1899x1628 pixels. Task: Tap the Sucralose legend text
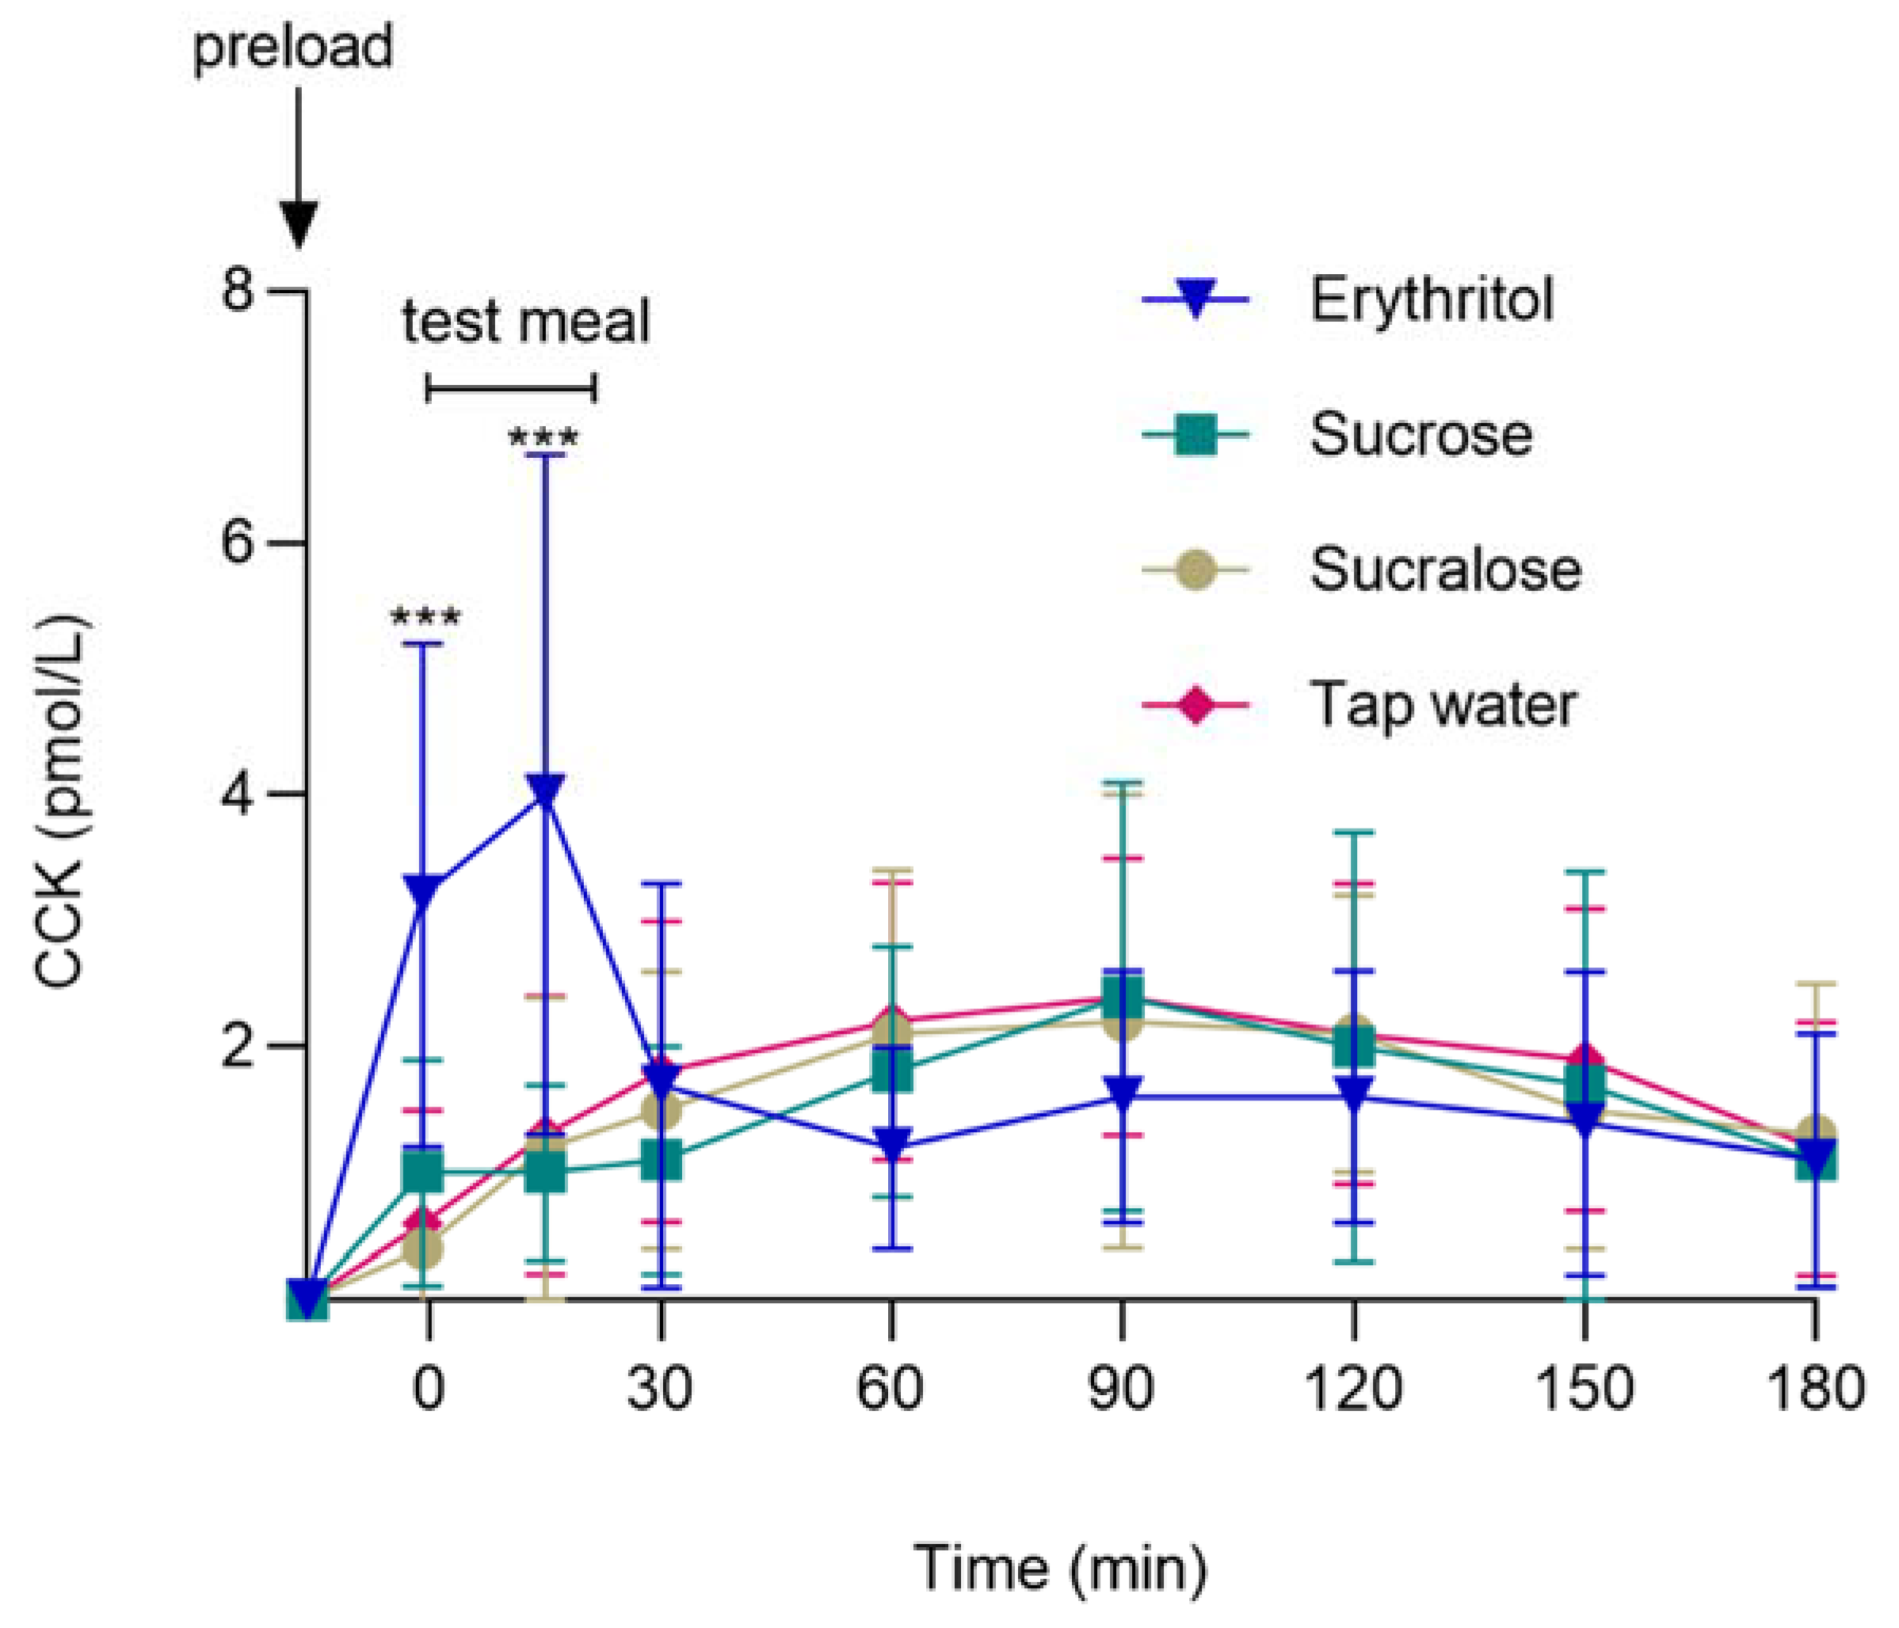1445,570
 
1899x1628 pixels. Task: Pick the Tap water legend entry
1443,705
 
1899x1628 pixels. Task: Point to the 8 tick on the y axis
236,292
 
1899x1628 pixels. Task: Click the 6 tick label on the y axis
236,543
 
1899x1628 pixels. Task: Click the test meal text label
526,322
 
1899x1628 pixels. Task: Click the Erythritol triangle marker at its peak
546,790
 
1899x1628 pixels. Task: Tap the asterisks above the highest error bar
543,437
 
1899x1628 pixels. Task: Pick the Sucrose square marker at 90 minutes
1123,999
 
